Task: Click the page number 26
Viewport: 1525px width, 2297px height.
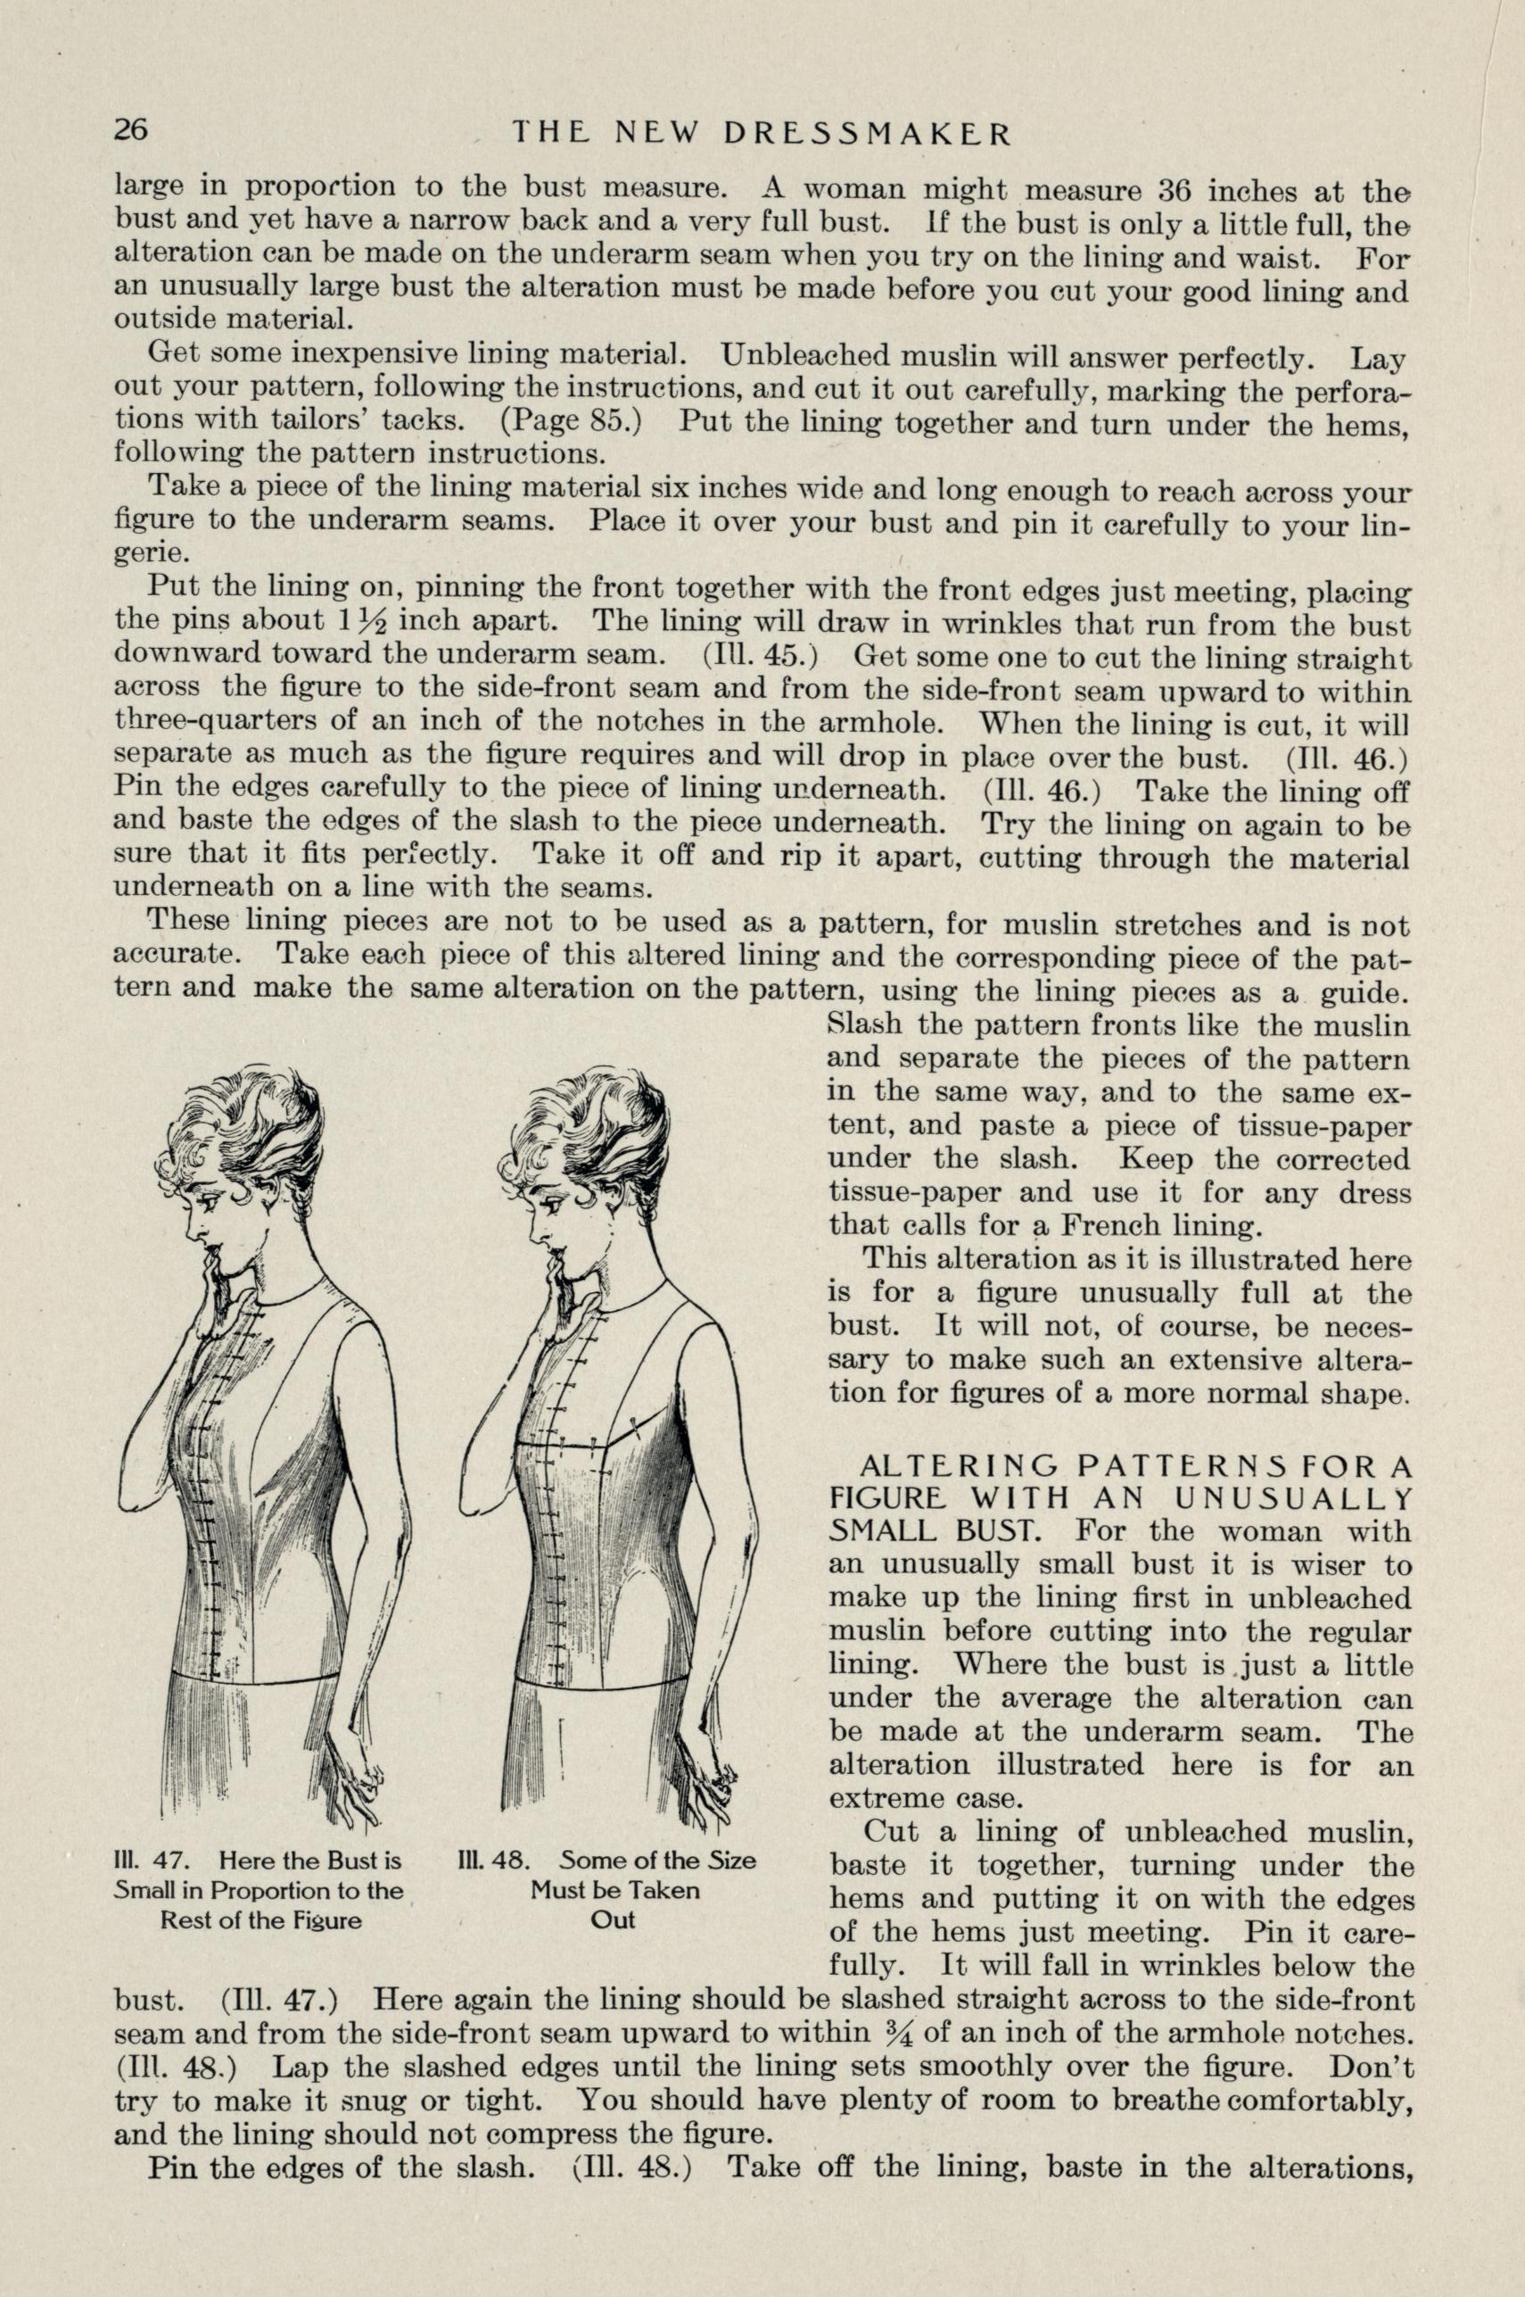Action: [x=131, y=129]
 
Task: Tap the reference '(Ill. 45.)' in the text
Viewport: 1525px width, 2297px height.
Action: [x=755, y=654]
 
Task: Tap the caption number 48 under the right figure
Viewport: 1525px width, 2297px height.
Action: [x=509, y=1834]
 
